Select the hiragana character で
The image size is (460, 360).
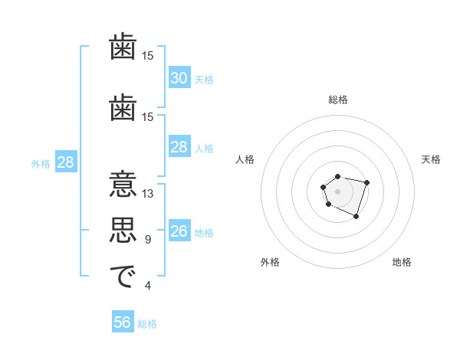123,277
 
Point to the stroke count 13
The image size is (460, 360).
148,194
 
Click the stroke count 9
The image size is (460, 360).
148,240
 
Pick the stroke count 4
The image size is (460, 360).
148,286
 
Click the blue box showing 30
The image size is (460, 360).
179,78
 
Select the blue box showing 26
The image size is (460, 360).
179,231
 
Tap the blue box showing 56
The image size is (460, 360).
122,322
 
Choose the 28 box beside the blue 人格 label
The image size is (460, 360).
179,147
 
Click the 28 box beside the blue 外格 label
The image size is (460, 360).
65,162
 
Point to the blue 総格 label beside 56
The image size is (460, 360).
147,323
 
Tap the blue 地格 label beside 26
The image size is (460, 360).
204,232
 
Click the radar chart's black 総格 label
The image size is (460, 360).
337,100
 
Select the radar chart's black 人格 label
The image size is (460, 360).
245,159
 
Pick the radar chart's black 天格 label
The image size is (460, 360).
431,159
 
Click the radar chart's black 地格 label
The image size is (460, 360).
402,263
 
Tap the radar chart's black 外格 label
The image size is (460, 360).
270,263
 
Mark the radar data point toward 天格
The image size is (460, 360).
367,182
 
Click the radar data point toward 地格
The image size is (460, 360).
356,217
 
